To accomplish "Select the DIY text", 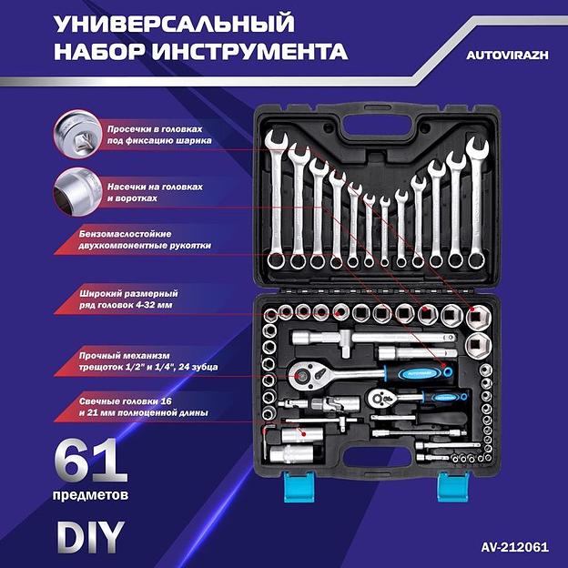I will (x=89, y=536).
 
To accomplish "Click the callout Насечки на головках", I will (x=154, y=191).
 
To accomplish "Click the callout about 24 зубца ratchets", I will (x=159, y=360).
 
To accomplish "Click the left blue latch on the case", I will (x=297, y=485).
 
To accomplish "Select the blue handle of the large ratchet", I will (x=401, y=372).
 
